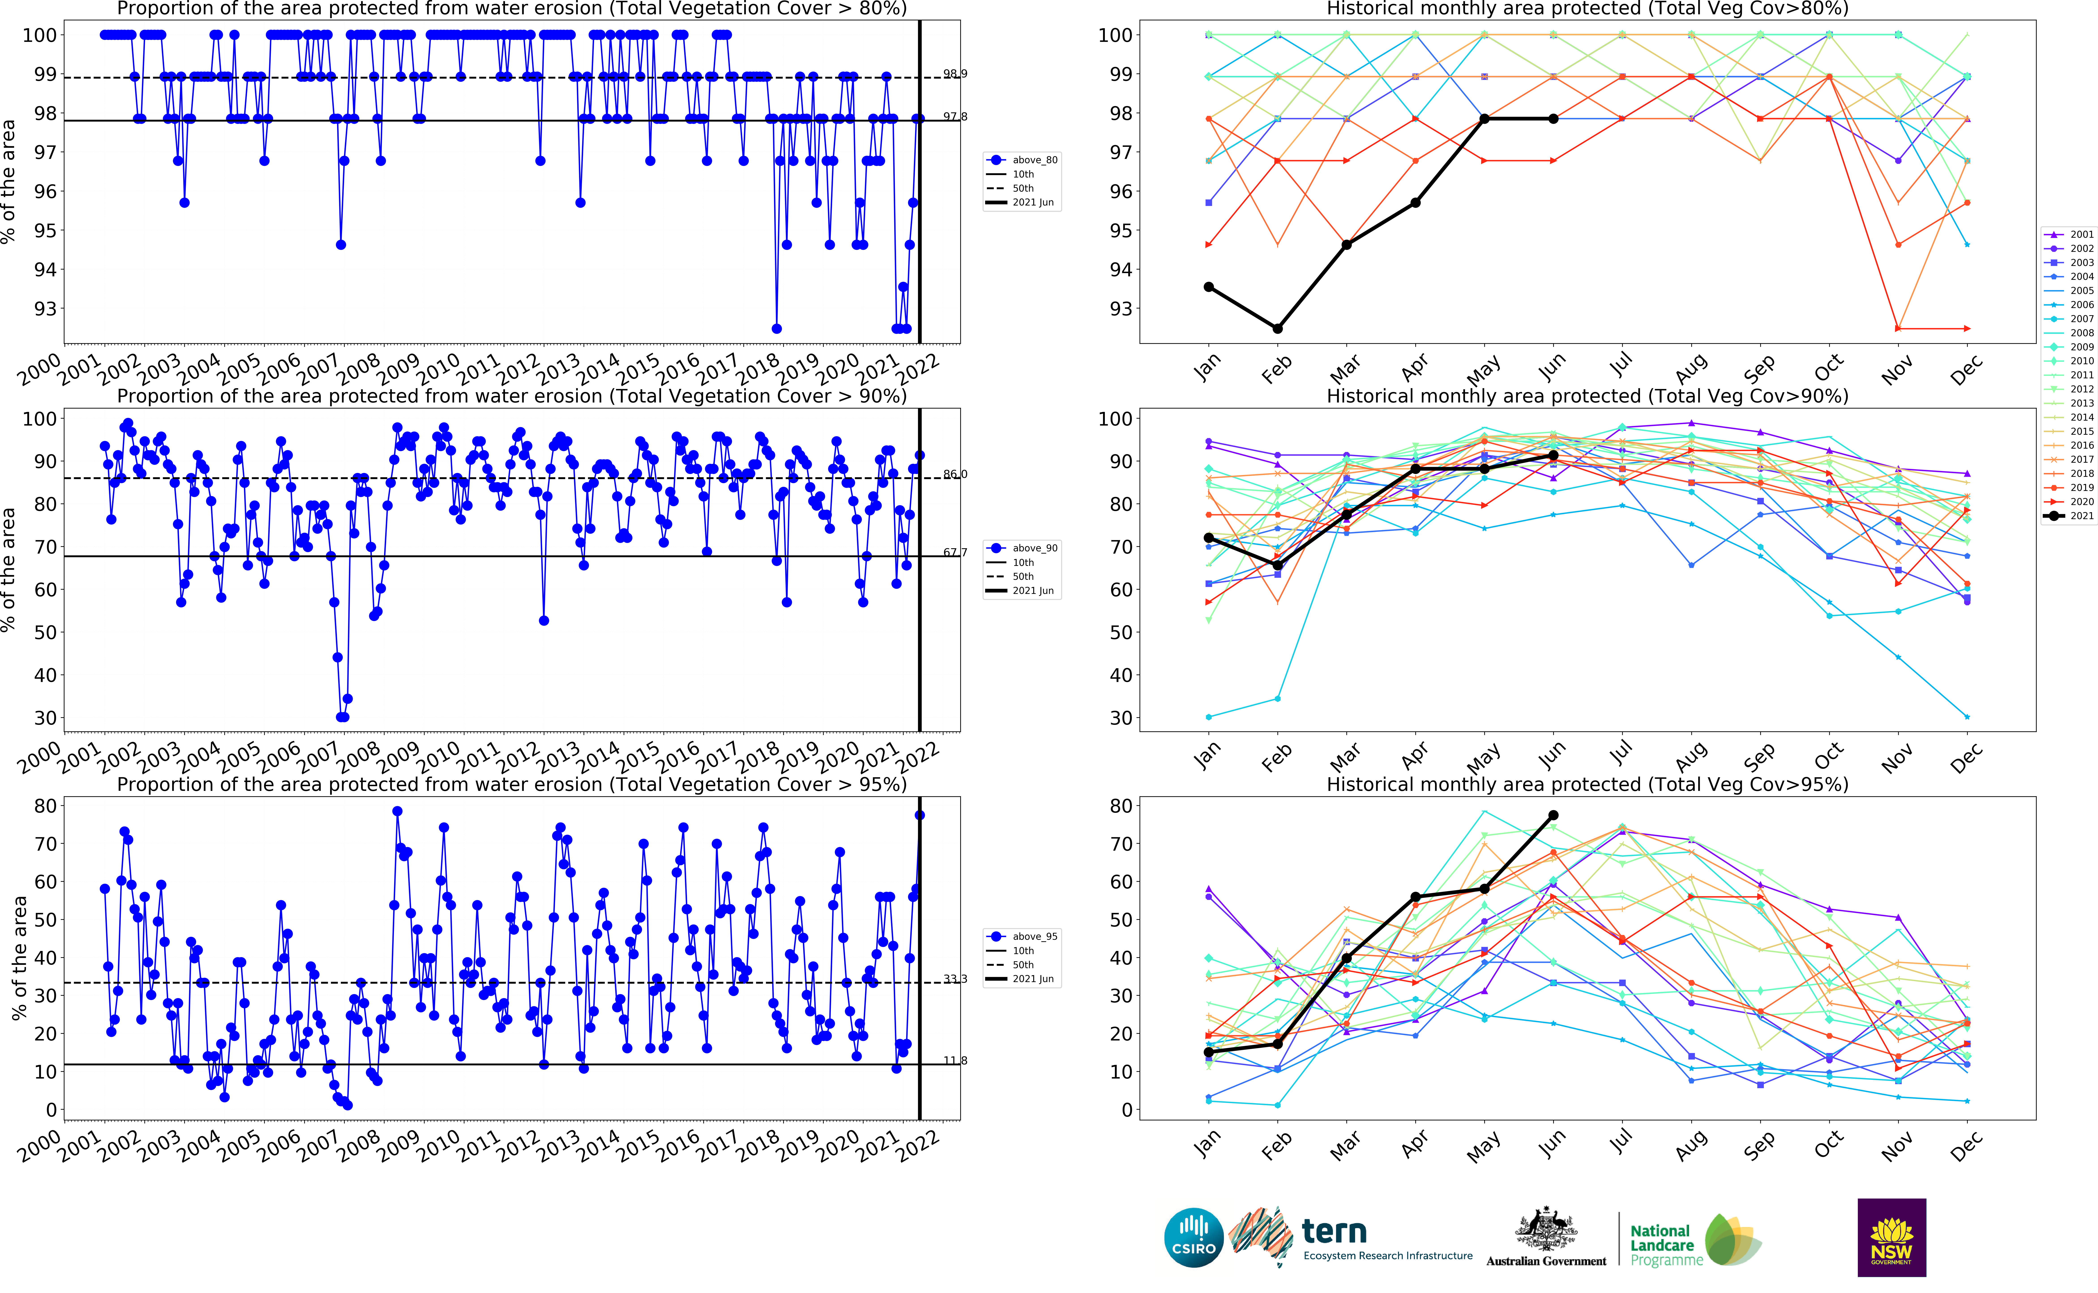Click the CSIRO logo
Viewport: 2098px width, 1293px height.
click(1193, 1237)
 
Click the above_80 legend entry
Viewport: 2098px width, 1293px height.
click(1023, 160)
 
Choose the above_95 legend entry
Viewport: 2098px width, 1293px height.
click(1023, 936)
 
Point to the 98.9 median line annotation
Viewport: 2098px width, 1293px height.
click(955, 74)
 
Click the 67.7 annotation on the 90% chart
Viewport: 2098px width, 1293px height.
click(955, 552)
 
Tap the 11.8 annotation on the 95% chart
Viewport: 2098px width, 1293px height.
click(955, 1060)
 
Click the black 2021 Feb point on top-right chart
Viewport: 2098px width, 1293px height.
click(1277, 328)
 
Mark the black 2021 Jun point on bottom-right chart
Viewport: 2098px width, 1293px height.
click(1553, 815)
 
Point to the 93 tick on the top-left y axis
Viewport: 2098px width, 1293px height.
click(45, 309)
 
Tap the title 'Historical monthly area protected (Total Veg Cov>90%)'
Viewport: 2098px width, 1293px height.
click(1587, 396)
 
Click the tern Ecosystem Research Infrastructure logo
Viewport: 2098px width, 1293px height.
click(1351, 1237)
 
